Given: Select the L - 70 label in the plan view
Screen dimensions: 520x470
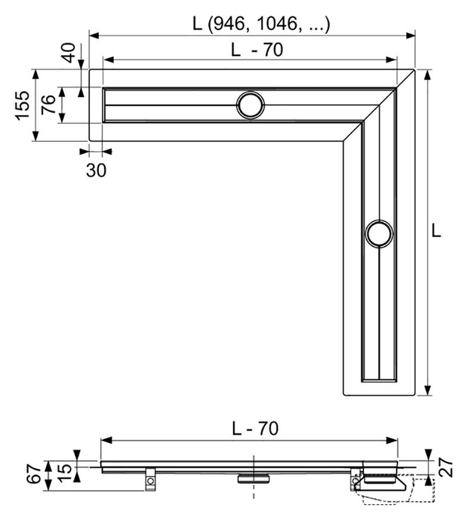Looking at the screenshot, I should (x=257, y=50).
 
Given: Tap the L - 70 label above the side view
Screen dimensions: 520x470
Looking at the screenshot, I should (x=255, y=429).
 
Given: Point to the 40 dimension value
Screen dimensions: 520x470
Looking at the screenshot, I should (x=69, y=52).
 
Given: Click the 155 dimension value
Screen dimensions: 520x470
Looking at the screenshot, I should (x=23, y=105).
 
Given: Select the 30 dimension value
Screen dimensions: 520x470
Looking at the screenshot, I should (x=96, y=170).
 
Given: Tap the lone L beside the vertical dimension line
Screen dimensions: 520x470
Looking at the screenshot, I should (x=437, y=231).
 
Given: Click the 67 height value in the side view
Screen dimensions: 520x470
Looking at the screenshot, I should (x=35, y=474).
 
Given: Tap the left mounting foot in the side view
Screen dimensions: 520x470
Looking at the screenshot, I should (x=150, y=480).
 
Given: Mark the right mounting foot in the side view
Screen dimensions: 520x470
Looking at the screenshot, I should (x=356, y=480).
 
